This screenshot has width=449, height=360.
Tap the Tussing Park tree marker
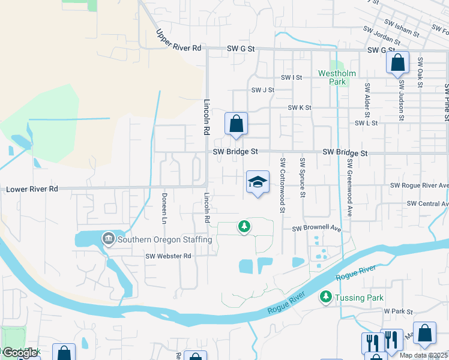pos(326,296)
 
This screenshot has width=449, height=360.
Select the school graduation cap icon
pos(258,182)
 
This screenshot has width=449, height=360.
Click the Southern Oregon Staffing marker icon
pos(108,239)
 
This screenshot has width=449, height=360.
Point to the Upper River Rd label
pos(179,41)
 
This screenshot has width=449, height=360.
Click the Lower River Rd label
pos(32,189)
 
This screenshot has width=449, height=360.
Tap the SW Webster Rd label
pos(168,256)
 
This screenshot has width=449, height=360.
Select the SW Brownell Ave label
pos(316,229)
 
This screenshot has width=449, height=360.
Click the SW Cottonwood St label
pos(282,185)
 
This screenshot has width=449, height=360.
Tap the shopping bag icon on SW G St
pos(397,62)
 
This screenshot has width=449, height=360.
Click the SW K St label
pos(300,107)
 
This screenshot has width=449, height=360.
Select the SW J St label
pos(262,90)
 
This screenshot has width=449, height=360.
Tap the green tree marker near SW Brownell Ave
pos(244,226)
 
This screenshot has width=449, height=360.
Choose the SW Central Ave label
pos(427,204)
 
